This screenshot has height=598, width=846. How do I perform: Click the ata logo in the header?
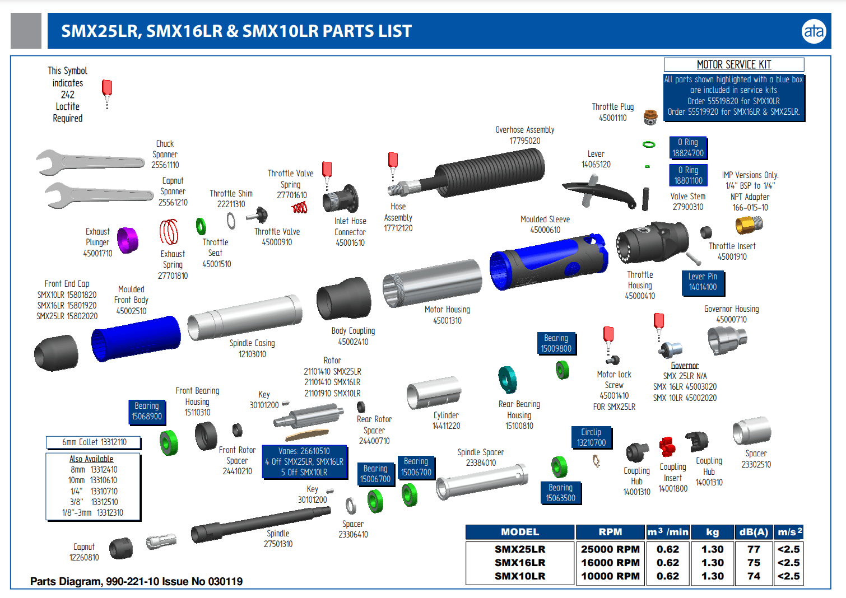[x=814, y=31]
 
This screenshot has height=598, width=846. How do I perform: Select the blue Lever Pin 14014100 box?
[x=703, y=282]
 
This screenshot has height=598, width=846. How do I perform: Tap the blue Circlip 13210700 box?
[x=591, y=437]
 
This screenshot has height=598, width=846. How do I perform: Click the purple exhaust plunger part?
[x=128, y=240]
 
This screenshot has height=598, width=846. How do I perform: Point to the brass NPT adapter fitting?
[x=749, y=225]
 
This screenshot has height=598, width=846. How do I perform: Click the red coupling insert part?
[x=667, y=447]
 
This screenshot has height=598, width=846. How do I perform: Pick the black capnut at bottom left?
[x=120, y=548]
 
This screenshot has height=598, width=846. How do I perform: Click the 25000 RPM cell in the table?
[x=610, y=549]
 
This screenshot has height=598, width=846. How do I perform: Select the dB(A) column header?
[x=754, y=532]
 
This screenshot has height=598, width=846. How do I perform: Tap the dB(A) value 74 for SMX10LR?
[x=754, y=576]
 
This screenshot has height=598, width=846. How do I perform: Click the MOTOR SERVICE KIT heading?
[x=734, y=64]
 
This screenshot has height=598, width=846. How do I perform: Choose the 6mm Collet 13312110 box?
[x=94, y=442]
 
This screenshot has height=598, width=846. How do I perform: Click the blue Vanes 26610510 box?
[x=304, y=461]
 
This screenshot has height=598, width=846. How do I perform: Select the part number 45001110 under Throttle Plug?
[x=612, y=118]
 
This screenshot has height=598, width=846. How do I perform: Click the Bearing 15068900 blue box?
[x=147, y=411]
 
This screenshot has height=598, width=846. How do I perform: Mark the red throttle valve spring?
[x=300, y=208]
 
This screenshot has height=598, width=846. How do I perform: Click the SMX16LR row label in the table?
[x=519, y=563]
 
